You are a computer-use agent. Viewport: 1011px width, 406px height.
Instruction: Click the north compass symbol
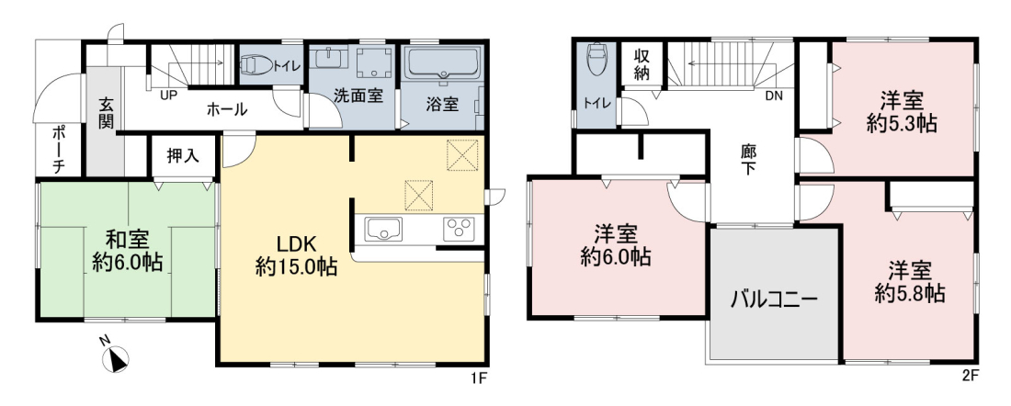[x=116, y=359]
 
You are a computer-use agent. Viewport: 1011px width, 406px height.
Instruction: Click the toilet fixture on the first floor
[x=257, y=64]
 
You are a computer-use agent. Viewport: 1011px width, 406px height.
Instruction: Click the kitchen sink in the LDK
[x=383, y=229]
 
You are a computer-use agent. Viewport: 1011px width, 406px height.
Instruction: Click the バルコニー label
[x=774, y=299]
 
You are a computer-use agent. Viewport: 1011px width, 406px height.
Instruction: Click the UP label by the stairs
[x=169, y=95]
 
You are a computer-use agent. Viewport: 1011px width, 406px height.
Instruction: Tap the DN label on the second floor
[x=775, y=96]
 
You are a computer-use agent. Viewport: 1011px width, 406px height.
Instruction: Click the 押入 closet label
[x=183, y=155]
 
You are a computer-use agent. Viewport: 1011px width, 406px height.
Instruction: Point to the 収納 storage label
[x=641, y=63]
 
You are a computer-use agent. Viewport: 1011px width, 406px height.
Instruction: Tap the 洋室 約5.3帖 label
[x=902, y=111]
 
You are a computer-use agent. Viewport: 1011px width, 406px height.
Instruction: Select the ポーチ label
[x=57, y=150]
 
